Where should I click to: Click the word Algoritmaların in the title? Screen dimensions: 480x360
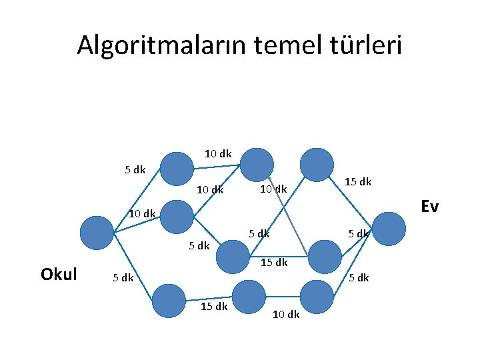(161, 45)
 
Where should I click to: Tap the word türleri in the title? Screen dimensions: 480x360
(367, 45)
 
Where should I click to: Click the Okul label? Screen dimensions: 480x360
(59, 274)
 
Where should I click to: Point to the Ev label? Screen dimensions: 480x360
(429, 207)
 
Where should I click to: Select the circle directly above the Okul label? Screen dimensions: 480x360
(97, 233)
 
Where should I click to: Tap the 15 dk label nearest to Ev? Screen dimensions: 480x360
(358, 182)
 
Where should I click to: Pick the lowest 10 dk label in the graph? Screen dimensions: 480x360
(286, 314)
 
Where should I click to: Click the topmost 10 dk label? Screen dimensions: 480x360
(218, 154)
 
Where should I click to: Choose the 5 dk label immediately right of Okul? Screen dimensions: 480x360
(122, 277)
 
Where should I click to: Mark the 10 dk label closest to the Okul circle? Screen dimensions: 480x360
(141, 214)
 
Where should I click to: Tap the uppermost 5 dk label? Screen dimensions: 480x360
(135, 169)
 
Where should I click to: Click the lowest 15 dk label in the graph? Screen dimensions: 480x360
(214, 306)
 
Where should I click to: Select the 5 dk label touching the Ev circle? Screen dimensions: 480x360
(359, 233)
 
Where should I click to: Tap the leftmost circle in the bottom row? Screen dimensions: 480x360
(169, 301)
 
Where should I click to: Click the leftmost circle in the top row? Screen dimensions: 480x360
(177, 169)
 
